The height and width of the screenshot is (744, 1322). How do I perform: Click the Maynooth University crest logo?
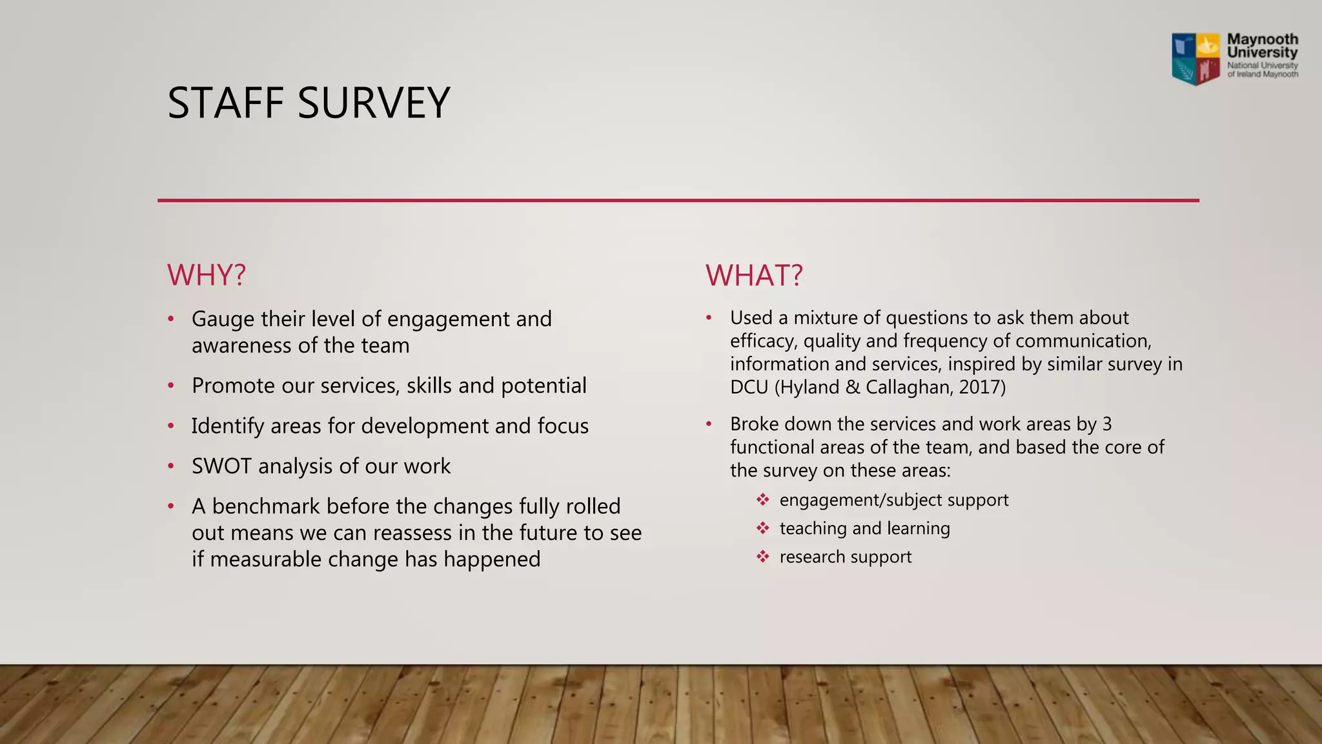click(1196, 59)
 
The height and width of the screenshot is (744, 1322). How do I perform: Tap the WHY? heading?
click(207, 275)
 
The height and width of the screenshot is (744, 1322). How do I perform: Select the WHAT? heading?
click(754, 275)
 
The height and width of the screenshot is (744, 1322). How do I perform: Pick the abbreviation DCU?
click(749, 387)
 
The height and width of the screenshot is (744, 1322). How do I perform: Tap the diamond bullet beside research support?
click(763, 557)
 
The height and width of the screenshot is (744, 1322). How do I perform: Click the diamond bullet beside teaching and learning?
click(763, 528)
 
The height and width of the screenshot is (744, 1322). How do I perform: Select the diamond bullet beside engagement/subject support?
click(763, 500)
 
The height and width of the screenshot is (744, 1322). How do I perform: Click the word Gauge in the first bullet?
click(222, 320)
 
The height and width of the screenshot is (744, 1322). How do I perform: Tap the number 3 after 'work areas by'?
click(1107, 424)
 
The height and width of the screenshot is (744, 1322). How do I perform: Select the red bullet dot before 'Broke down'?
click(708, 424)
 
